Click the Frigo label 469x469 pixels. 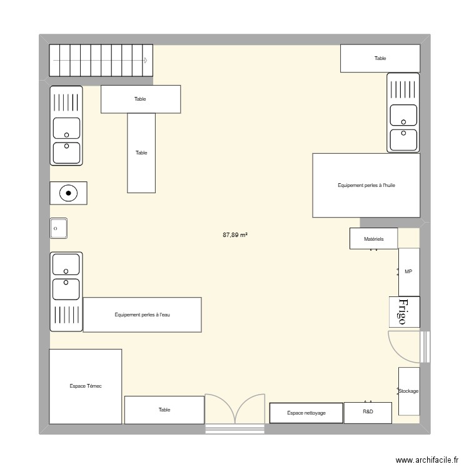point(403,311)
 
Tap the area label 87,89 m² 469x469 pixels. point(235,235)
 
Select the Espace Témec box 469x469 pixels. point(86,386)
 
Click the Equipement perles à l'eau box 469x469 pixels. point(142,315)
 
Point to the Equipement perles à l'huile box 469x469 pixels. point(366,185)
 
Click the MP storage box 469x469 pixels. point(408,271)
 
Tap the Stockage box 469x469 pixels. point(408,391)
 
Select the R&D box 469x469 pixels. point(368,413)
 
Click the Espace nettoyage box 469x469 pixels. point(306,413)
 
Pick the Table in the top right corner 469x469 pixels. point(380,58)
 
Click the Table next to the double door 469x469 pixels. point(164,410)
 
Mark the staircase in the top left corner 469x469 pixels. point(101,61)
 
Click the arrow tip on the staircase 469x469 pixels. point(146,61)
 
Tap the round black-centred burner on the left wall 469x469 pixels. point(68,193)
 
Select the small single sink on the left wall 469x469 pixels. point(59,228)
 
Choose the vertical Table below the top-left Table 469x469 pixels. point(141,153)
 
